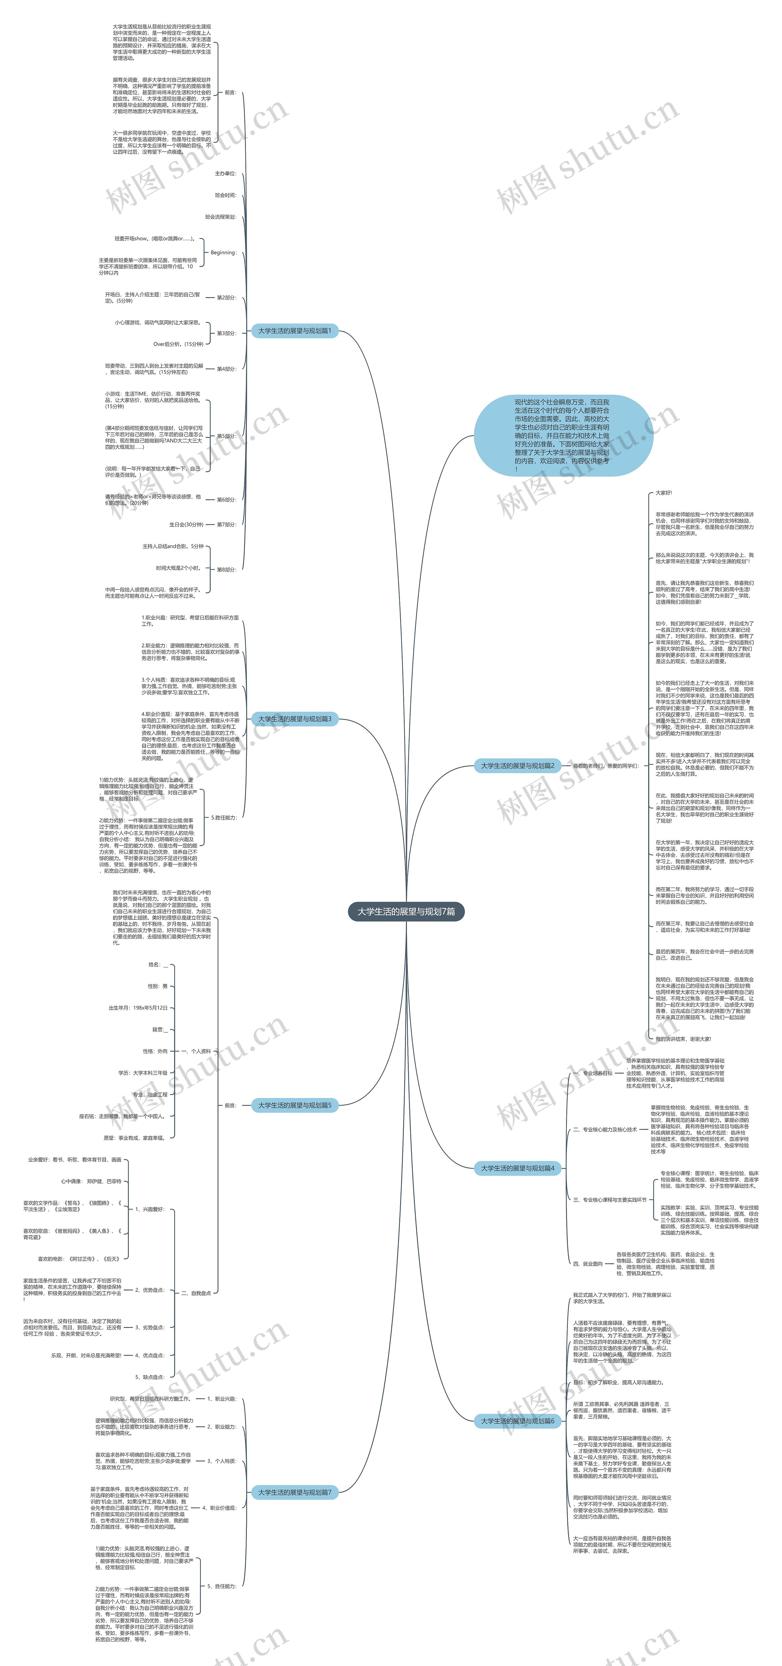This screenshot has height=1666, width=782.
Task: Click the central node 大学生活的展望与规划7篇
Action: tap(406, 911)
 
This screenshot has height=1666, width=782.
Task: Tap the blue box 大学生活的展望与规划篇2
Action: tap(517, 766)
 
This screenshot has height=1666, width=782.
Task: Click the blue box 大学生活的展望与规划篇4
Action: tap(517, 1168)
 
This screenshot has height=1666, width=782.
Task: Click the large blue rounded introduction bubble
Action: tap(561, 435)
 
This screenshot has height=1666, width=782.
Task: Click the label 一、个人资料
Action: tap(196, 1051)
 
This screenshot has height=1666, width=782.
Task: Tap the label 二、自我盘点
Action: tap(196, 1293)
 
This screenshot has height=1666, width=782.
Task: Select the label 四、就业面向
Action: tap(587, 1263)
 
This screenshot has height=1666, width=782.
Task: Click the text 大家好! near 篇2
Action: tap(664, 493)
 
